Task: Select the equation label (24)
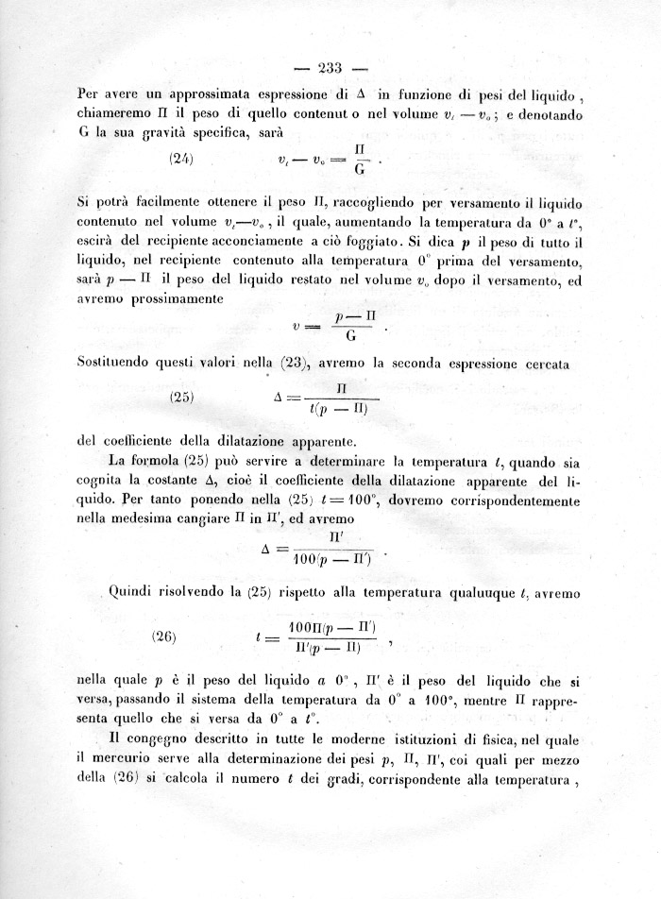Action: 181,159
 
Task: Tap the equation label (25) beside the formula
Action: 181,397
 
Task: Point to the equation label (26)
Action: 165,636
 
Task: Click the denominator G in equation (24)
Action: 359,170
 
